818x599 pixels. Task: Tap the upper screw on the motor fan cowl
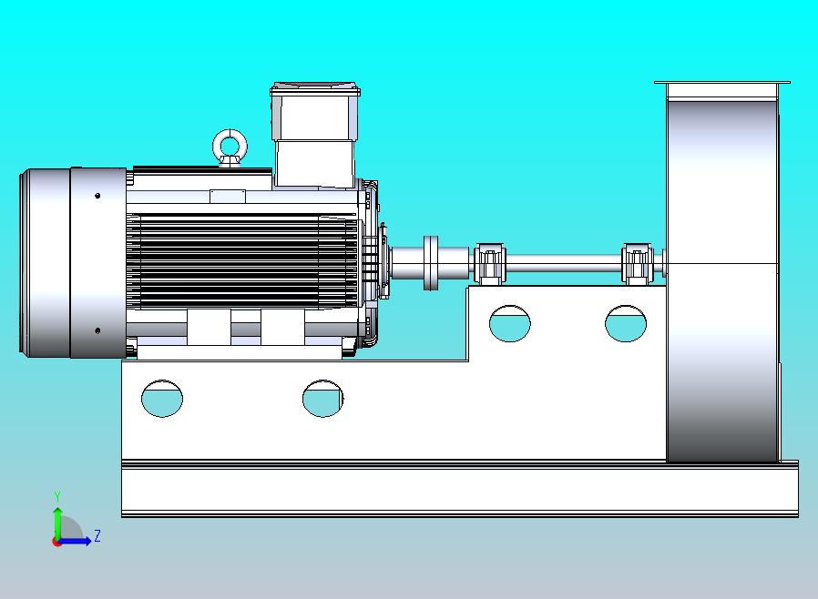pyautogui.click(x=97, y=195)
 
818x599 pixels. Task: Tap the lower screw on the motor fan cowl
pyautogui.click(x=97, y=330)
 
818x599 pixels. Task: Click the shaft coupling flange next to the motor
pyautogui.click(x=431, y=263)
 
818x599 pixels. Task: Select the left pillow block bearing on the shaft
pyautogui.click(x=489, y=264)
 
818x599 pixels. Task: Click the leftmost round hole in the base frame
pyautogui.click(x=162, y=398)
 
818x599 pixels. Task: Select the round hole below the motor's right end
pyautogui.click(x=322, y=398)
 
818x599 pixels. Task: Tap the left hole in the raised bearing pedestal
pyautogui.click(x=509, y=323)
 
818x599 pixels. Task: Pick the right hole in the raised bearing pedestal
pyautogui.click(x=626, y=323)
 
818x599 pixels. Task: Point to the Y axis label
pyautogui.click(x=57, y=496)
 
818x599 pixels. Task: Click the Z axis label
pyautogui.click(x=97, y=536)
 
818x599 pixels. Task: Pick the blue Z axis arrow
pyautogui.click(x=77, y=541)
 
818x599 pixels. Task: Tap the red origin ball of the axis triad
pyautogui.click(x=57, y=542)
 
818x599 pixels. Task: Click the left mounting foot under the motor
pyautogui.click(x=209, y=327)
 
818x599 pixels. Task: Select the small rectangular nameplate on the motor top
pyautogui.click(x=227, y=196)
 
